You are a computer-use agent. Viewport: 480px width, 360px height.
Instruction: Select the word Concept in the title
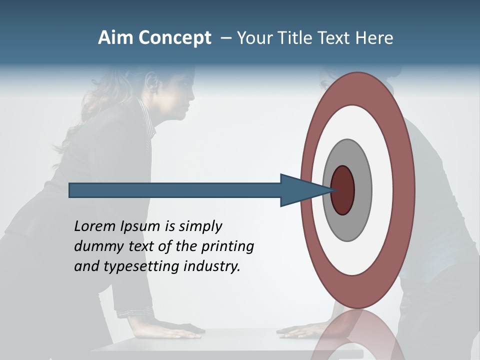(175, 38)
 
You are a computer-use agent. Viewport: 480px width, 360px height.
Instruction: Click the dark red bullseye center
(343, 190)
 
